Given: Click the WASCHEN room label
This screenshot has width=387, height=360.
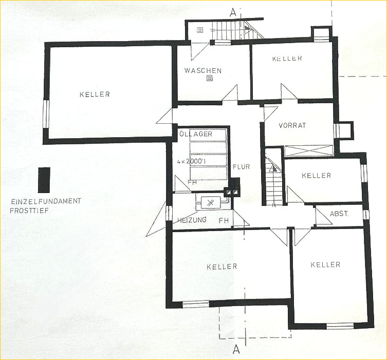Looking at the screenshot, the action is coord(203,71).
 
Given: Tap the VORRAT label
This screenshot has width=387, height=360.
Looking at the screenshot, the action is coord(292,125).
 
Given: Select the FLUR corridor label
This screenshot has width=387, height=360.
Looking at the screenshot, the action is coord(242,167).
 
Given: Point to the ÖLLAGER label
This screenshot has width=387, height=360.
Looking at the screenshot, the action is coord(195,134).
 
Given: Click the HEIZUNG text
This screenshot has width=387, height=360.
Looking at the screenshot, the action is coord(192,219).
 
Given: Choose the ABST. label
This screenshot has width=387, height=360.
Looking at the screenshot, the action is coord(339,214).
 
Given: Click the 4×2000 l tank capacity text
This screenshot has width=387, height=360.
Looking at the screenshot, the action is coord(192,162).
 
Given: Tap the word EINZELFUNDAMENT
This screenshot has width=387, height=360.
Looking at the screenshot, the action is coord(46,201).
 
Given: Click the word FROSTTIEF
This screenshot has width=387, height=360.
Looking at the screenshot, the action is coord(29,211).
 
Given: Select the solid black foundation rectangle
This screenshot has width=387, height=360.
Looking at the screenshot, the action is coord(44,180).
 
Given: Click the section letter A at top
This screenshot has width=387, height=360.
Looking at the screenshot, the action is coord(232,13).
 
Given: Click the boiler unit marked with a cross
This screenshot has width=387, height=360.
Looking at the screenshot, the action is coord(210,203).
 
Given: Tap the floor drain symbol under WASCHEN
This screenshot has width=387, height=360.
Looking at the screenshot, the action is coord(210,79).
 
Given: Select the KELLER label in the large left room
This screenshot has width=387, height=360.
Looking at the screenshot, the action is coord(95,94).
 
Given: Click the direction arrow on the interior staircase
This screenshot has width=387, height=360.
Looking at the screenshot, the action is coord(273,168).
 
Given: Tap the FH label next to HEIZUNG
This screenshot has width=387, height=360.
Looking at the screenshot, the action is coord(224,220).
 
